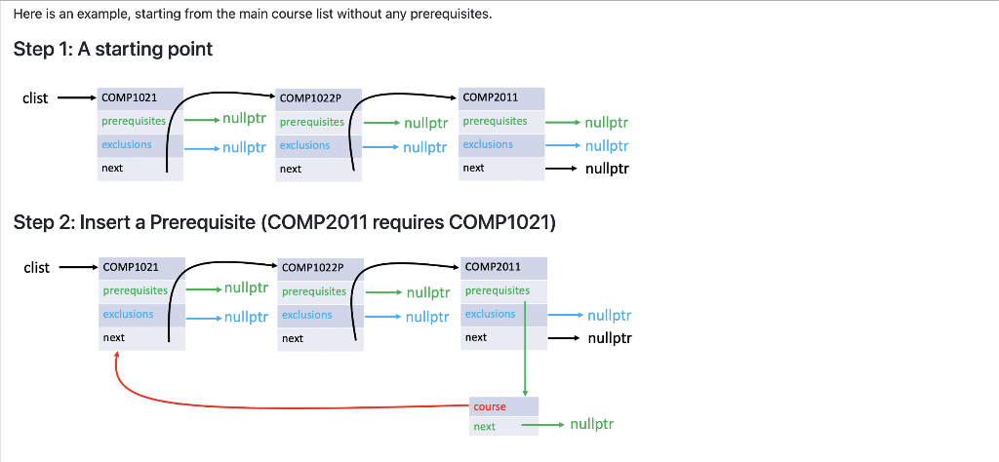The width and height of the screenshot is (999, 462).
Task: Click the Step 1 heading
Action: point(113,49)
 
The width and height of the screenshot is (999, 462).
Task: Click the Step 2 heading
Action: point(285,222)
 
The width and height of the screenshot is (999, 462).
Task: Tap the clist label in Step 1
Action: point(36,98)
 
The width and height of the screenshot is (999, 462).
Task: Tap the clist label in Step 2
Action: point(36,267)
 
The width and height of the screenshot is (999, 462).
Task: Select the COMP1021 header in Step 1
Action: point(130,97)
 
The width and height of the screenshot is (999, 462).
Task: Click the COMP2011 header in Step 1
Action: point(491,96)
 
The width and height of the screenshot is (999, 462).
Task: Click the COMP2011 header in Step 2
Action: point(493,266)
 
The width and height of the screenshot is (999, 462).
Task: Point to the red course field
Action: point(490,406)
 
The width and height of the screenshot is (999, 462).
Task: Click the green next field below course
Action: point(485,427)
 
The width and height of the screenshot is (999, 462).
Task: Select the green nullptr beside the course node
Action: point(591,425)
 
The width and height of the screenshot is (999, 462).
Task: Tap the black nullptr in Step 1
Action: point(607,169)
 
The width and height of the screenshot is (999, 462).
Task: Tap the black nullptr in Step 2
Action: point(610,338)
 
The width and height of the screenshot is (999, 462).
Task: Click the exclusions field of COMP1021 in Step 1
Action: point(127,144)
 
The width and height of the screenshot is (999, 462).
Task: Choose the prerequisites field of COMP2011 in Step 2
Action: point(498,290)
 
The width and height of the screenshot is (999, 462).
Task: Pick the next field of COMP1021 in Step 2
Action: point(114,337)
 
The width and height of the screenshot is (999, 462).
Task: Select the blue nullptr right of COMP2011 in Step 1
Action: point(607,146)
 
